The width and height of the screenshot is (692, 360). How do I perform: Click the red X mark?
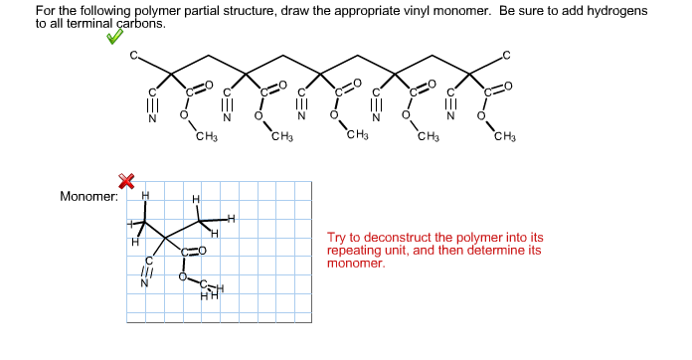pyautogui.click(x=126, y=180)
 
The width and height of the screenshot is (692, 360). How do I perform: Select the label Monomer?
pyautogui.click(x=88, y=196)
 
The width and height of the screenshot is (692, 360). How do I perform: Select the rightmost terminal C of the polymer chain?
pyautogui.click(x=506, y=54)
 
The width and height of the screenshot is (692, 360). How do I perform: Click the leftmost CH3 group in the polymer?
pyautogui.click(x=207, y=136)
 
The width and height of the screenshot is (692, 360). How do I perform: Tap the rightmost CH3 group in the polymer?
pyautogui.click(x=505, y=136)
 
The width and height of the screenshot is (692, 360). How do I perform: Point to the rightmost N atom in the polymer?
pyautogui.click(x=450, y=121)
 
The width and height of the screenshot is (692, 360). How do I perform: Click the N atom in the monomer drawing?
pyautogui.click(x=144, y=281)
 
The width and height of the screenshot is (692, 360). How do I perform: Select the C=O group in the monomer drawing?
pyautogui.click(x=193, y=251)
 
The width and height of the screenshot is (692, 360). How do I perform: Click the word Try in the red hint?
pyautogui.click(x=337, y=239)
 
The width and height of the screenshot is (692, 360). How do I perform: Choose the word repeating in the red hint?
pyautogui.click(x=355, y=251)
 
